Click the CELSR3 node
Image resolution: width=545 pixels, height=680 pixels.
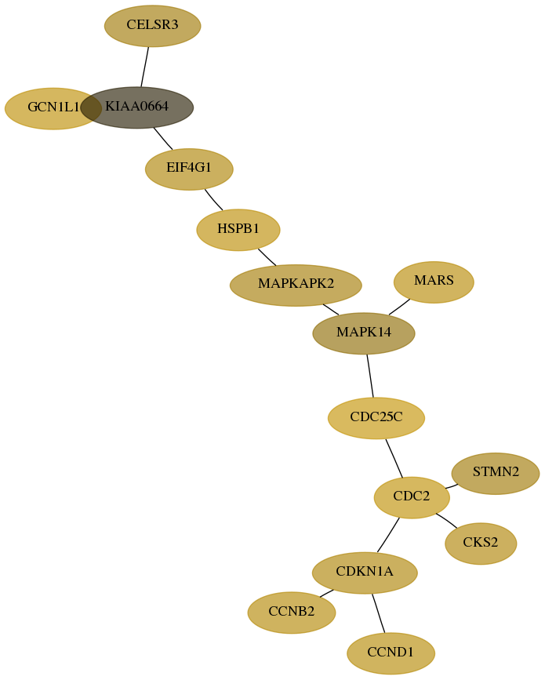pyautogui.click(x=153, y=26)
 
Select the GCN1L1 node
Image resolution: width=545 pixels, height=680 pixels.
pyautogui.click(x=48, y=108)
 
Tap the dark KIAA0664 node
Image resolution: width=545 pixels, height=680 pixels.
pyautogui.click(x=137, y=107)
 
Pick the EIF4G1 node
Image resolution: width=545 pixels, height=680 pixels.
pyautogui.click(x=189, y=169)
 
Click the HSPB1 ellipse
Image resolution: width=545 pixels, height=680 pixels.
pyautogui.click(x=238, y=230)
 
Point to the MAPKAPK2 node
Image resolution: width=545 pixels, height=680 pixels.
pyautogui.click(x=296, y=285)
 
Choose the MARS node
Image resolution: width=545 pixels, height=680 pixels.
pyautogui.click(x=434, y=282)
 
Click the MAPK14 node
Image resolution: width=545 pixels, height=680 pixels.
pyautogui.click(x=364, y=333)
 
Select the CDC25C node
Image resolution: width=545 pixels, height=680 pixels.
pyautogui.click(x=376, y=418)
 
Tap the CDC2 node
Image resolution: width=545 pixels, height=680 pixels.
pyautogui.click(x=412, y=497)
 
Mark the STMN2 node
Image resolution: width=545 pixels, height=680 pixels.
pyautogui.click(x=496, y=473)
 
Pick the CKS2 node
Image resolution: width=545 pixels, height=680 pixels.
pyautogui.click(x=481, y=544)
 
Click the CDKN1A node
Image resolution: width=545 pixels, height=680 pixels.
pyautogui.click(x=365, y=573)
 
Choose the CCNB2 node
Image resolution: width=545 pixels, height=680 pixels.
pyautogui.click(x=292, y=613)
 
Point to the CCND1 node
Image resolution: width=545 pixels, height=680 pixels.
pyautogui.click(x=391, y=653)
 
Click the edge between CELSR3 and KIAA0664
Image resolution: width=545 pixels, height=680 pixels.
pyautogui.click(x=145, y=67)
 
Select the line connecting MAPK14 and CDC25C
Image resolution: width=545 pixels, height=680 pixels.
pyautogui.click(x=370, y=376)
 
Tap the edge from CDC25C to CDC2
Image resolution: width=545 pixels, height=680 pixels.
pyautogui.click(x=394, y=458)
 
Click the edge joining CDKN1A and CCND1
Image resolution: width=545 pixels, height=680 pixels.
pyautogui.click(x=379, y=613)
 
